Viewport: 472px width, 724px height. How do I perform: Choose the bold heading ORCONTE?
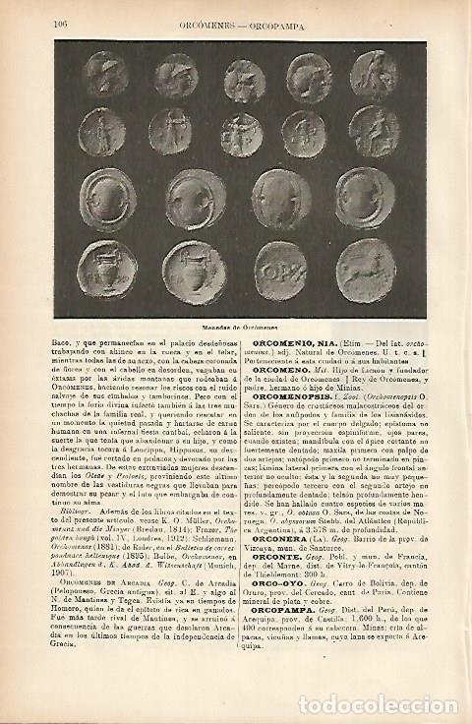(x=278, y=557)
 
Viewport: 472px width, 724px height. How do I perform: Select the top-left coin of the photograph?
(x=103, y=75)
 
